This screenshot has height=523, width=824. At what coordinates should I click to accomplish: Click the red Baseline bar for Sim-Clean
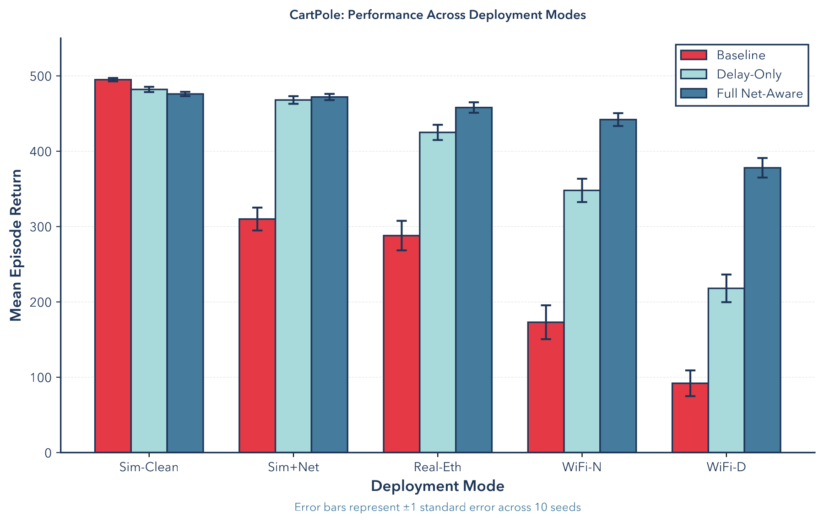click(113, 266)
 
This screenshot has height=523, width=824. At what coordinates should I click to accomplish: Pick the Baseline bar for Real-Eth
click(401, 344)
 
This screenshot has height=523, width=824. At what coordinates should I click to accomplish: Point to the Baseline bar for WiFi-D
click(690, 418)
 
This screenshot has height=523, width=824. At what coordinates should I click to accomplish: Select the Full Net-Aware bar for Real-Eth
click(474, 280)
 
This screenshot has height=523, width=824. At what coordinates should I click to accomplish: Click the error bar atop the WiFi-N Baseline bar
click(546, 322)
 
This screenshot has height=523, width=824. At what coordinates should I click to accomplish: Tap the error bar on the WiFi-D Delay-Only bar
click(726, 288)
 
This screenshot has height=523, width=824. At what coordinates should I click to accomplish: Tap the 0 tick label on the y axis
click(48, 453)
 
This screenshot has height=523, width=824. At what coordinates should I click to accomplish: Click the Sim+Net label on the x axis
click(293, 467)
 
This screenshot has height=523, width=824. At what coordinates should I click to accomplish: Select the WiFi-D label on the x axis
click(726, 467)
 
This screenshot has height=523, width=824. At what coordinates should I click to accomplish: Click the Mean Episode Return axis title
click(16, 245)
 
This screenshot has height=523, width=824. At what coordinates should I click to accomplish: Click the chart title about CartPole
click(438, 15)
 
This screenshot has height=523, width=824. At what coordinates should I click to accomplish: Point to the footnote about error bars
click(438, 507)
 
